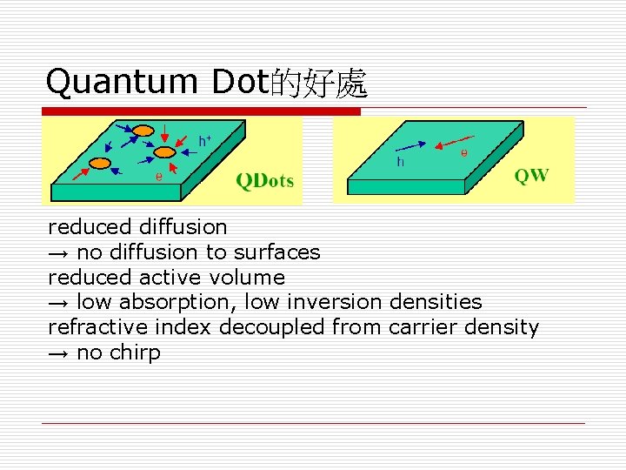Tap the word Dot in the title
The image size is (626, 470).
click(x=240, y=83)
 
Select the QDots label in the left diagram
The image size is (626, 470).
click(x=265, y=181)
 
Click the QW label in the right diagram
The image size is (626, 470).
click(x=531, y=175)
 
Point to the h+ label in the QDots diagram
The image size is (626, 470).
click(x=206, y=140)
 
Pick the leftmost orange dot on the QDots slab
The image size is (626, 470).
click(x=100, y=163)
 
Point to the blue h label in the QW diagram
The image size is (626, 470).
click(x=401, y=162)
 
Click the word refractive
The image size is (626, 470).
click(x=97, y=327)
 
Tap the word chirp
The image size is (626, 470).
click(x=135, y=352)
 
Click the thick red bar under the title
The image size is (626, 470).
click(x=201, y=111)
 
